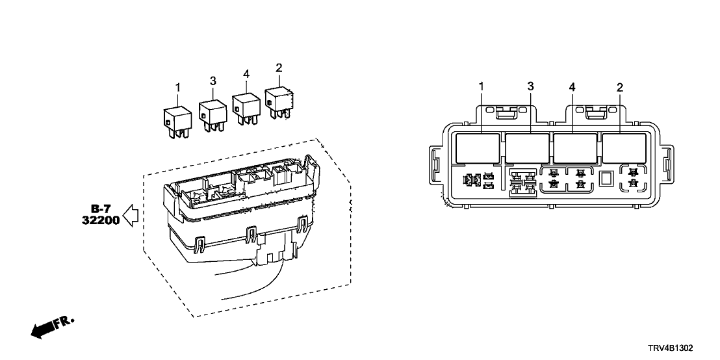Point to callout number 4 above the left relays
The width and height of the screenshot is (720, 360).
tap(246, 75)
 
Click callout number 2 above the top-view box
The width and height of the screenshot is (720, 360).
tap(619, 86)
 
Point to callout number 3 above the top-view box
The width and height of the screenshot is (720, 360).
tap(530, 86)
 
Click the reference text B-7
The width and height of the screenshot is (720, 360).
tap(101, 209)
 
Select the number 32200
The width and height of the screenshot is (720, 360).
tap(101, 220)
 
